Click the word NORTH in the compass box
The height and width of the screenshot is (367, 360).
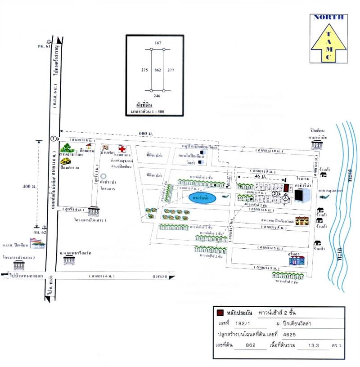(x=328, y=17)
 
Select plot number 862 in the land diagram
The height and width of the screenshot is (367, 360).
(x=157, y=70)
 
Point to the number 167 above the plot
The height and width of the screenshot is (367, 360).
(x=157, y=43)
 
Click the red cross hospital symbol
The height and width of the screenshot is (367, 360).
(x=121, y=148)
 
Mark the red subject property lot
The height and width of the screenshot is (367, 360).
(x=286, y=186)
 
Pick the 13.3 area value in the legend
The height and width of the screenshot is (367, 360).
(x=311, y=346)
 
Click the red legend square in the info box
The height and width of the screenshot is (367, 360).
(x=220, y=313)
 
